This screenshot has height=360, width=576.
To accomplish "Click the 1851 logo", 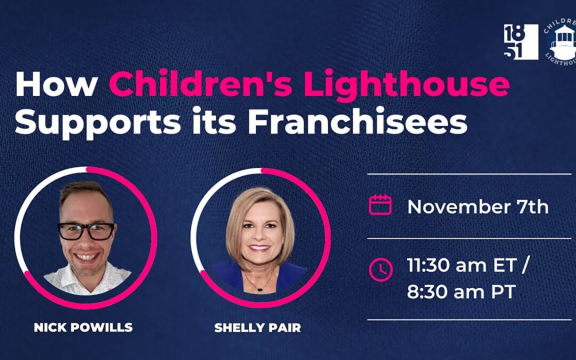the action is coord(521,42).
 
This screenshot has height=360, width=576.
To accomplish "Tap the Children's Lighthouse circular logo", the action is coord(561,43).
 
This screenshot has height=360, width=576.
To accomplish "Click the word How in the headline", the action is coord(56,84).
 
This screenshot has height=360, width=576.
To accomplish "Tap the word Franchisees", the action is coord(357,121).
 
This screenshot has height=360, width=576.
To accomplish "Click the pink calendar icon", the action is coord(380,205).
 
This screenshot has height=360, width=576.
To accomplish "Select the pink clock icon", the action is coord(381,270).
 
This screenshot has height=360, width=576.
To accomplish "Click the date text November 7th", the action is coord(478,207).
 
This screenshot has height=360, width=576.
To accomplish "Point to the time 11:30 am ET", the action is coord(462,265).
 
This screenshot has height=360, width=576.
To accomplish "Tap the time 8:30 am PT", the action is coord(461,292).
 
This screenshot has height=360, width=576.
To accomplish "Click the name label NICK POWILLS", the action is coord(83,327).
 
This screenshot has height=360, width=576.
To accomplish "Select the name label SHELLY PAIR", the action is coord(258,327).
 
